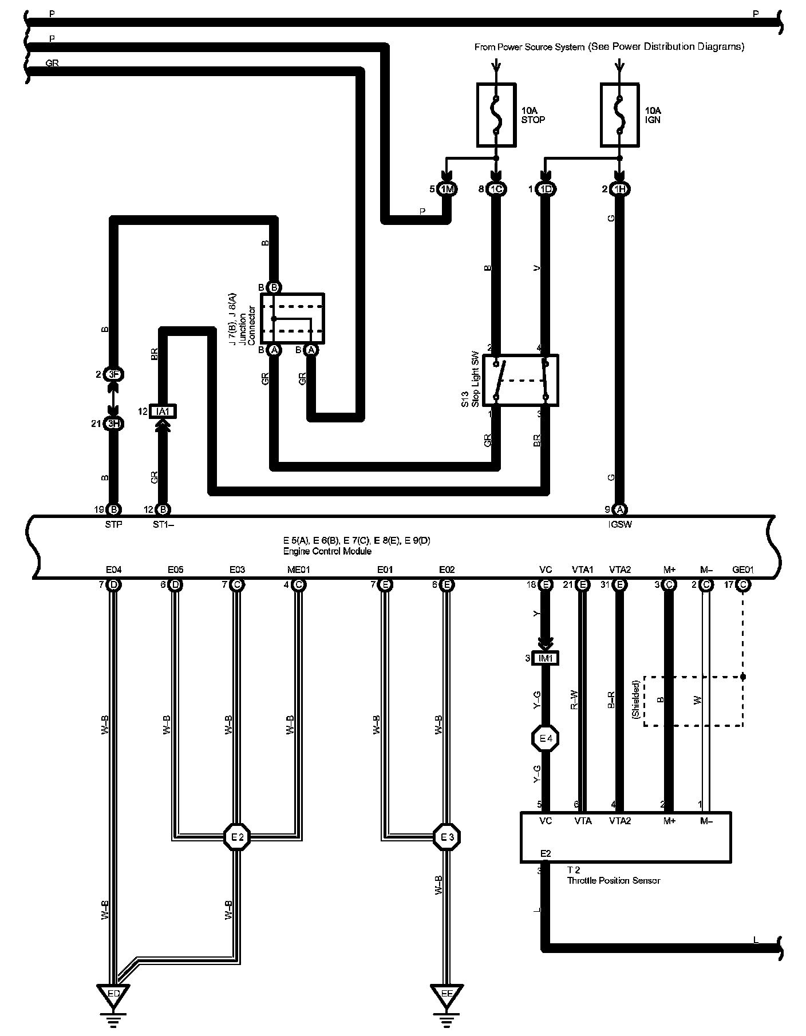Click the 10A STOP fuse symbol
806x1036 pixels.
(x=496, y=114)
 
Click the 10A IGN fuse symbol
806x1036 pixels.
(x=619, y=114)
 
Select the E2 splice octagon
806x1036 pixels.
(x=237, y=837)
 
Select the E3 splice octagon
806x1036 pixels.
(x=447, y=837)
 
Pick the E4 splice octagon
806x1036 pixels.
(x=546, y=738)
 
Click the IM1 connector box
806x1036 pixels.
(x=546, y=658)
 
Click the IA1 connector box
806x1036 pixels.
(x=163, y=411)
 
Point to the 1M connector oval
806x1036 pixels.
(x=446, y=189)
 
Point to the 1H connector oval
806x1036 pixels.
(x=619, y=189)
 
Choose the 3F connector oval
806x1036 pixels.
(x=113, y=375)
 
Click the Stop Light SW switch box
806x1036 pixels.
(x=520, y=380)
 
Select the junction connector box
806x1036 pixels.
(x=293, y=319)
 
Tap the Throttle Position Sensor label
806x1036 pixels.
(x=613, y=880)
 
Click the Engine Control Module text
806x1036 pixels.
(x=327, y=551)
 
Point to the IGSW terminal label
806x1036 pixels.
(x=620, y=524)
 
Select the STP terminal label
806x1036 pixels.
(x=113, y=524)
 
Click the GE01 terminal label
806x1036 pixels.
(x=743, y=570)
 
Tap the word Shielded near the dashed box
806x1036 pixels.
(x=635, y=699)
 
